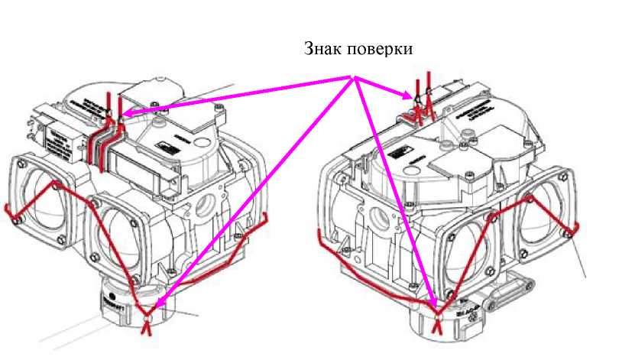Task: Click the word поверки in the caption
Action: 381,50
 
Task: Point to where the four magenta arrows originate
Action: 354,76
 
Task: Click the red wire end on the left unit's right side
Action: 264,218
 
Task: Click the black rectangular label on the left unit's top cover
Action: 163,147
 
